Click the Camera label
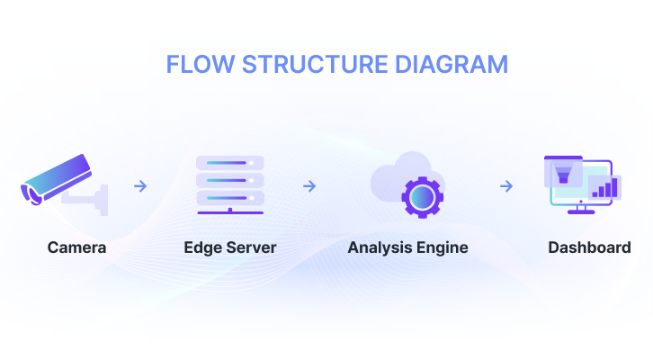pos(76,247)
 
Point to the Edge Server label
pos(230,247)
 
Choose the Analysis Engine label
pos(407,247)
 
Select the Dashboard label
pos(589,247)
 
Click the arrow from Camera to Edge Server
pos(140,186)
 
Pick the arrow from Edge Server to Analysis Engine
pos(309,186)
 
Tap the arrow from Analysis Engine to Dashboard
pos(506,186)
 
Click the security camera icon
pos(56,177)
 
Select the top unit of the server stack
pos(230,162)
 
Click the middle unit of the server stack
pos(230,179)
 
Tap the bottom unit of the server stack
pos(230,196)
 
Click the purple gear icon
pos(418,197)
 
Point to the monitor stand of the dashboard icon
pos(578,211)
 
